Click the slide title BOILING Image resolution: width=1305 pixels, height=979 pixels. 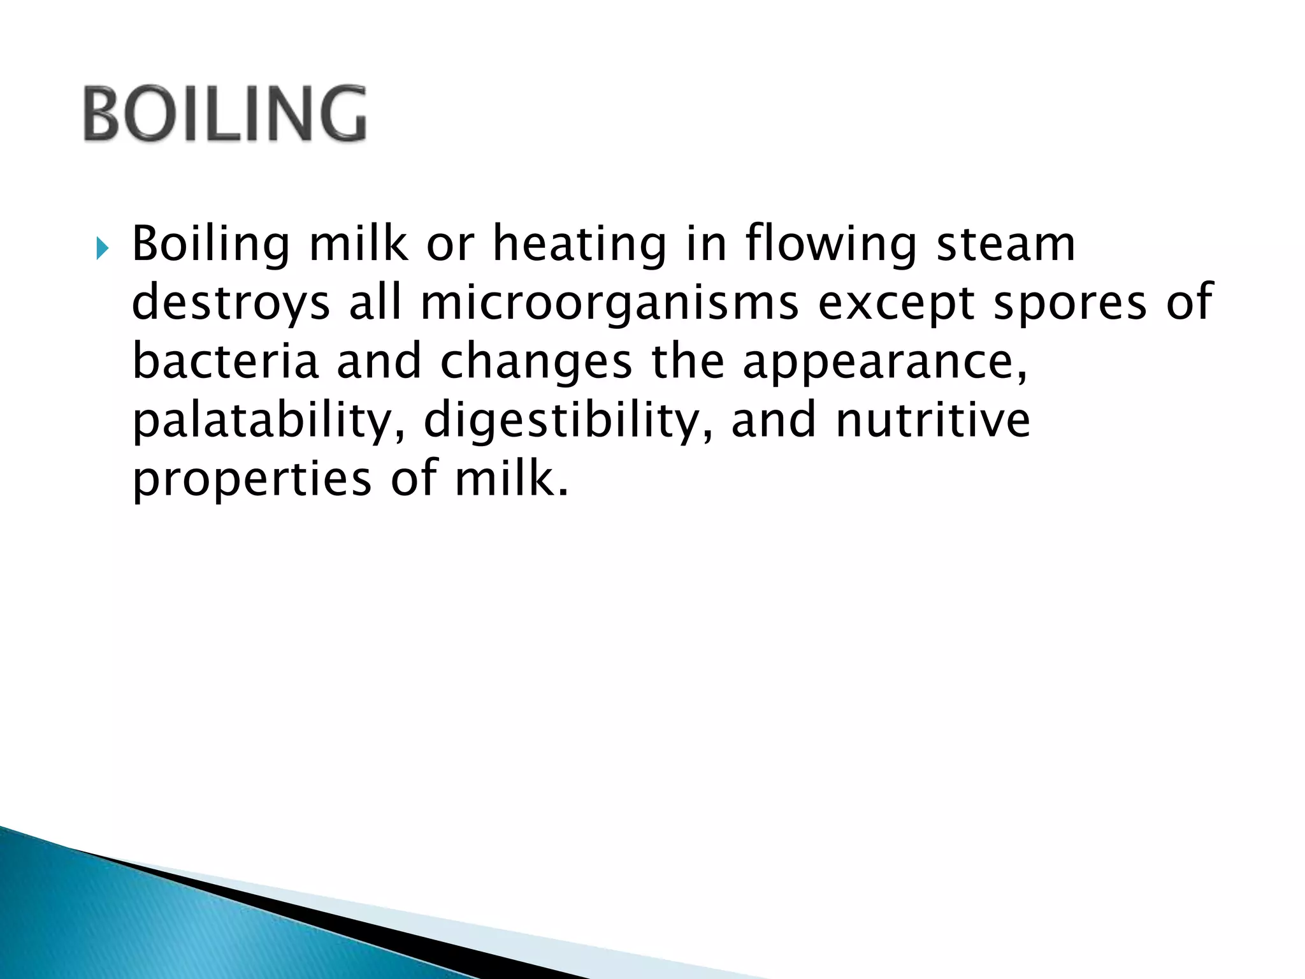click(x=224, y=113)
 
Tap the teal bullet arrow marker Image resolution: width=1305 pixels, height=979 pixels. click(x=103, y=249)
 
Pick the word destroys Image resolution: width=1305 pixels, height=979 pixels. click(x=231, y=303)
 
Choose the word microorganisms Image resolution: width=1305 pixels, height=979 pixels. click(x=609, y=303)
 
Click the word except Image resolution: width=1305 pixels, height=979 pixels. click(x=896, y=303)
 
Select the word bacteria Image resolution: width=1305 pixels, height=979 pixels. click(x=225, y=361)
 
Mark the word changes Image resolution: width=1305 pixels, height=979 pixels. click(x=536, y=361)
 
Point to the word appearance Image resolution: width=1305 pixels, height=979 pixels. click(x=885, y=361)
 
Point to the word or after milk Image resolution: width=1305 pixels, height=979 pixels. click(x=451, y=245)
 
